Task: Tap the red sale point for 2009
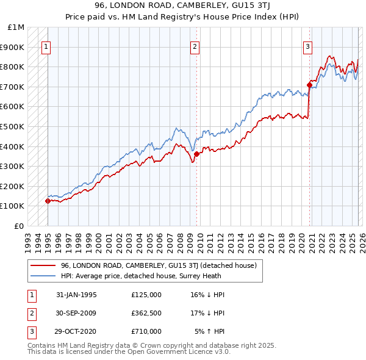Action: point(196,154)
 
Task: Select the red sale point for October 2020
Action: point(309,85)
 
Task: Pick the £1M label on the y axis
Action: point(16,27)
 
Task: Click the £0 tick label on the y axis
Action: point(20,226)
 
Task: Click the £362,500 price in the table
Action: point(146,312)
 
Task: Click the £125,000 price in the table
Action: point(146,294)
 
